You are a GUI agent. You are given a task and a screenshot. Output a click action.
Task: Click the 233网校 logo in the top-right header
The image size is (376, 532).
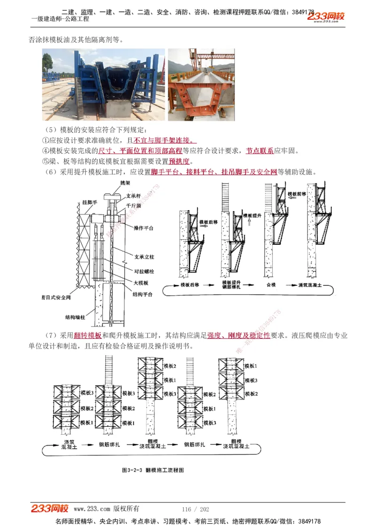click(x=326, y=17)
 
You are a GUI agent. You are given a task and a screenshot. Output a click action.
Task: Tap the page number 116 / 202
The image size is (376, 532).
click(x=195, y=509)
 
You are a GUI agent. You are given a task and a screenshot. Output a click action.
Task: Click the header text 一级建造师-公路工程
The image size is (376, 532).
click(x=60, y=19)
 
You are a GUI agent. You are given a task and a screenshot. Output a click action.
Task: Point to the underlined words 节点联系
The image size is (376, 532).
click(x=260, y=151)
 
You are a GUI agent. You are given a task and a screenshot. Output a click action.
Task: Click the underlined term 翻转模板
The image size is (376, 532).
click(x=88, y=336)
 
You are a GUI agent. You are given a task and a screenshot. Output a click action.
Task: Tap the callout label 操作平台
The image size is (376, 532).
click(x=144, y=228)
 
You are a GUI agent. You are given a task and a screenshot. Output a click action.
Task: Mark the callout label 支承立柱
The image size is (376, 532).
click(x=144, y=258)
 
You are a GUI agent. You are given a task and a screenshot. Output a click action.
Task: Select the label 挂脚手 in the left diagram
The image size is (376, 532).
click(x=89, y=202)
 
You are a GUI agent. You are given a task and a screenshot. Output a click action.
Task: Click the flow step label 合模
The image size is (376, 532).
click(x=271, y=285)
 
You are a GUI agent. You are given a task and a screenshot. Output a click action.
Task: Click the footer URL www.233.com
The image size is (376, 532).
click(x=92, y=509)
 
